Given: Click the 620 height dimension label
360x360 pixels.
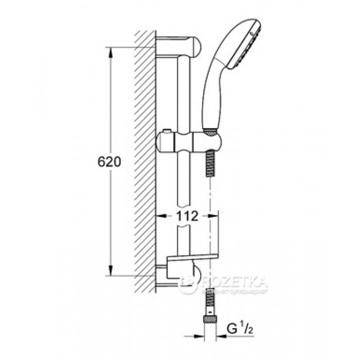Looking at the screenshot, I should (x=109, y=162).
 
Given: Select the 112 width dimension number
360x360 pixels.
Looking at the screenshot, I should (x=186, y=217).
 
